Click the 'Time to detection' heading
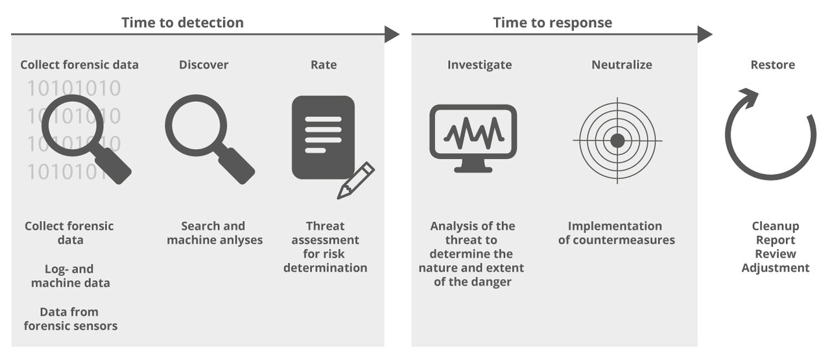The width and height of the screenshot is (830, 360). (x=182, y=23)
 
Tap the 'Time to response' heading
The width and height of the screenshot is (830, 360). (x=552, y=23)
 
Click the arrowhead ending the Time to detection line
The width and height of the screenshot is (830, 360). (x=392, y=34)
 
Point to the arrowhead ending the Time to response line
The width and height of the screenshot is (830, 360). (x=705, y=34)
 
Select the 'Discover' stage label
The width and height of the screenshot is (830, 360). (x=204, y=65)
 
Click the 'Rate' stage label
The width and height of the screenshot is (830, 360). (x=324, y=65)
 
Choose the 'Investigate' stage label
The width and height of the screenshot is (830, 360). (x=479, y=65)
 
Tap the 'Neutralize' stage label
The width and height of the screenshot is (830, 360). (x=621, y=65)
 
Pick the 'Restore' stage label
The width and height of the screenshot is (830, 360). (x=772, y=65)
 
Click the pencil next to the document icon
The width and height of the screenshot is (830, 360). (x=356, y=180)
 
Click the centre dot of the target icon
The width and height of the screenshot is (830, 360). (x=617, y=140)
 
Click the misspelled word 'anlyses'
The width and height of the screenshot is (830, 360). (x=241, y=240)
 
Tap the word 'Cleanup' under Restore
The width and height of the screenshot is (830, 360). (x=776, y=226)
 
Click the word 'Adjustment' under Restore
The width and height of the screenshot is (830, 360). (x=776, y=268)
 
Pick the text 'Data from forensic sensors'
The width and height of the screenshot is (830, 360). (x=71, y=318)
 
